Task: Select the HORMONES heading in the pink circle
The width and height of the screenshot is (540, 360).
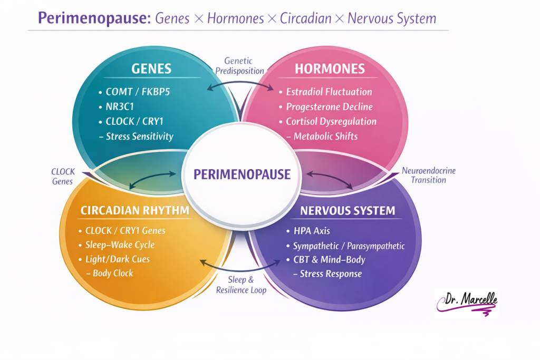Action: pyautogui.click(x=330, y=69)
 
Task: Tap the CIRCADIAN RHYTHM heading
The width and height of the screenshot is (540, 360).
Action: pyautogui.click(x=135, y=211)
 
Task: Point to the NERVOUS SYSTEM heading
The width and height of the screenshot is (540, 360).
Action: pyautogui.click(x=348, y=211)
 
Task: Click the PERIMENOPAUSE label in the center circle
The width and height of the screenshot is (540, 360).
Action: pyautogui.click(x=242, y=174)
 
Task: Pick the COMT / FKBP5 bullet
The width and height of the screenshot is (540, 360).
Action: pyautogui.click(x=138, y=92)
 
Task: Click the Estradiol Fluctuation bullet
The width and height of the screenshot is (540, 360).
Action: pyautogui.click(x=329, y=92)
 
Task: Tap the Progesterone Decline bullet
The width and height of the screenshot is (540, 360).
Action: pyautogui.click(x=329, y=106)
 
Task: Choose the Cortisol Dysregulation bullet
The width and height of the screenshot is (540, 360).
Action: pyautogui.click(x=331, y=121)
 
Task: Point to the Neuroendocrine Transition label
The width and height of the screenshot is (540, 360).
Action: pyautogui.click(x=429, y=176)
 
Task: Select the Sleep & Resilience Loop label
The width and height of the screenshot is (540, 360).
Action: pyautogui.click(x=241, y=285)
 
